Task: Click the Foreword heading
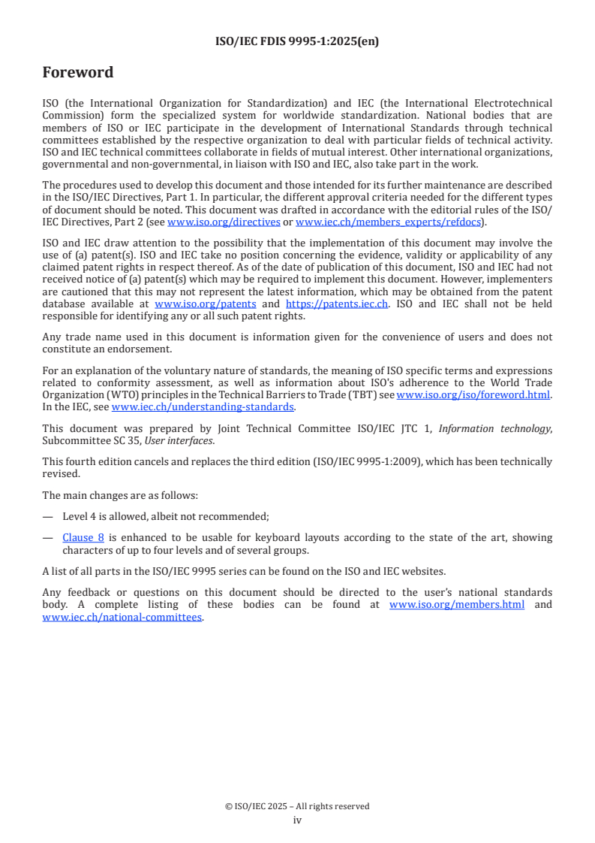point(78,73)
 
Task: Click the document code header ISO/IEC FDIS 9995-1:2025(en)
point(297,42)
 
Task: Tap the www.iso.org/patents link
point(206,304)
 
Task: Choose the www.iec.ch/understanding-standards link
point(203,407)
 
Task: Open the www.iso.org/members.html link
point(457,605)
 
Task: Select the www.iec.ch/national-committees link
point(122,617)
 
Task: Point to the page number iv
point(297,820)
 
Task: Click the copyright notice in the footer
point(297,806)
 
